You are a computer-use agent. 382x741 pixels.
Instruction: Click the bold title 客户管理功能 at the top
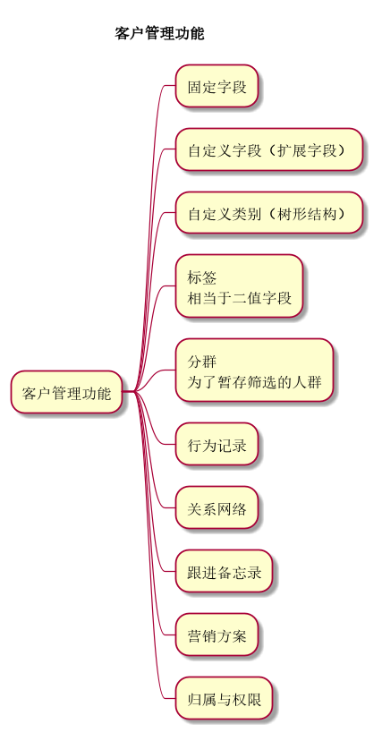pos(159,34)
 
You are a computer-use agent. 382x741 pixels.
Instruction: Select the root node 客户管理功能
pos(66,392)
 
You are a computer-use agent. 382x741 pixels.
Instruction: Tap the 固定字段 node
pos(216,86)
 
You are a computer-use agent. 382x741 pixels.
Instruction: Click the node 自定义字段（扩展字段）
pos(269,149)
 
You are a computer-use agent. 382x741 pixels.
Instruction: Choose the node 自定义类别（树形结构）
pos(269,213)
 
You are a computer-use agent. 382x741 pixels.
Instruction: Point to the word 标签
pos(202,278)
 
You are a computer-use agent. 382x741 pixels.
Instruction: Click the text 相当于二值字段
pos(240,298)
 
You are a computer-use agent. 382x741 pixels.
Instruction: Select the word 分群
pos(202,362)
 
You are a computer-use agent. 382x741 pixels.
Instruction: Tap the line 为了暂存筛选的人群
pos(254,382)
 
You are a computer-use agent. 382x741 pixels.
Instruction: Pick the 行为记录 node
pos(216,444)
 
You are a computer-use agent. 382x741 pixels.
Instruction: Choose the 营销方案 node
pos(216,635)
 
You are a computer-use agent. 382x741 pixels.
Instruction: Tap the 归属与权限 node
pos(224,698)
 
